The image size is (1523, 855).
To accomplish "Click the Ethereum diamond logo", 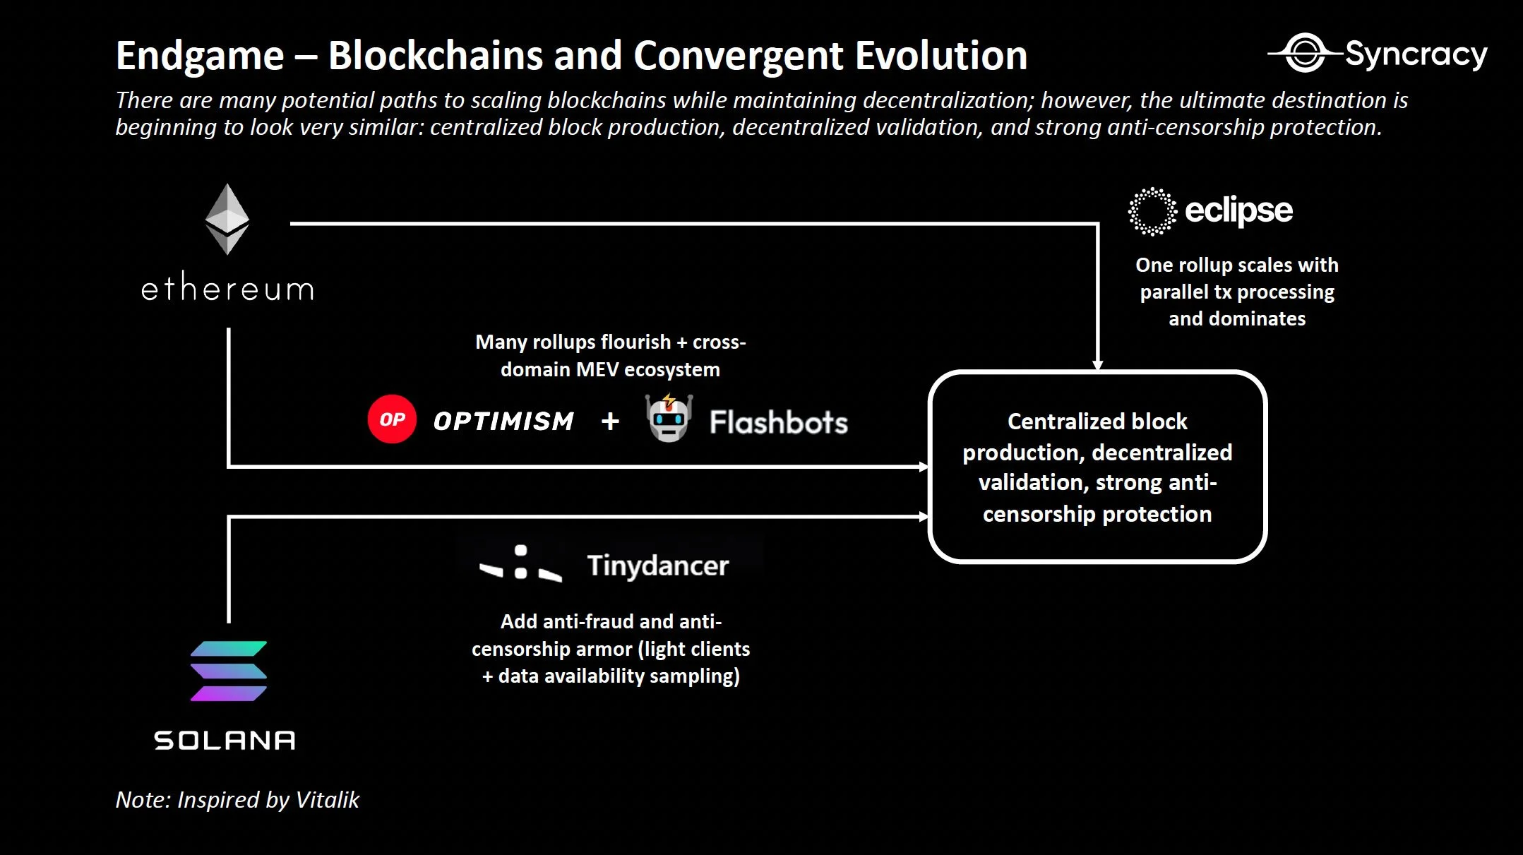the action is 227,219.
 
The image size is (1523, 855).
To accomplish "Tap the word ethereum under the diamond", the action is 227,289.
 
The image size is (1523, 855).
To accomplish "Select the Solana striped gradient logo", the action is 229,671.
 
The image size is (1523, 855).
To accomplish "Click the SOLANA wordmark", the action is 225,740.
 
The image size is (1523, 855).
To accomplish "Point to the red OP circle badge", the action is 392,419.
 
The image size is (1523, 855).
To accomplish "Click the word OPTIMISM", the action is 503,421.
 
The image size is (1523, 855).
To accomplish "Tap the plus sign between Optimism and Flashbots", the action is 610,421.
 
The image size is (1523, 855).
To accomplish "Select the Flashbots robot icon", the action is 669,419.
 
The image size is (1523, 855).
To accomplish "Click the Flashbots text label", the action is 778,422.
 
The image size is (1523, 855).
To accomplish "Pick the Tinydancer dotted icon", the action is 521,563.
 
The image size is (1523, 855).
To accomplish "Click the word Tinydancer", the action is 657,566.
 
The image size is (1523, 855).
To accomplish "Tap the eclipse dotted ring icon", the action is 1152,211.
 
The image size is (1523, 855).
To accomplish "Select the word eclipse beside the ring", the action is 1238,210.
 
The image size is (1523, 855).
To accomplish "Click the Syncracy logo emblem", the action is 1305,53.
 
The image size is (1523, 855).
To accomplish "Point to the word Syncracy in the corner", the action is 1416,54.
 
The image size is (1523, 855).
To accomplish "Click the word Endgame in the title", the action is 200,56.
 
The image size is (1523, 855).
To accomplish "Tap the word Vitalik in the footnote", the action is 328,800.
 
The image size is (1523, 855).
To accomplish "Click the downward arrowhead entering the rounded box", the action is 1097,364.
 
